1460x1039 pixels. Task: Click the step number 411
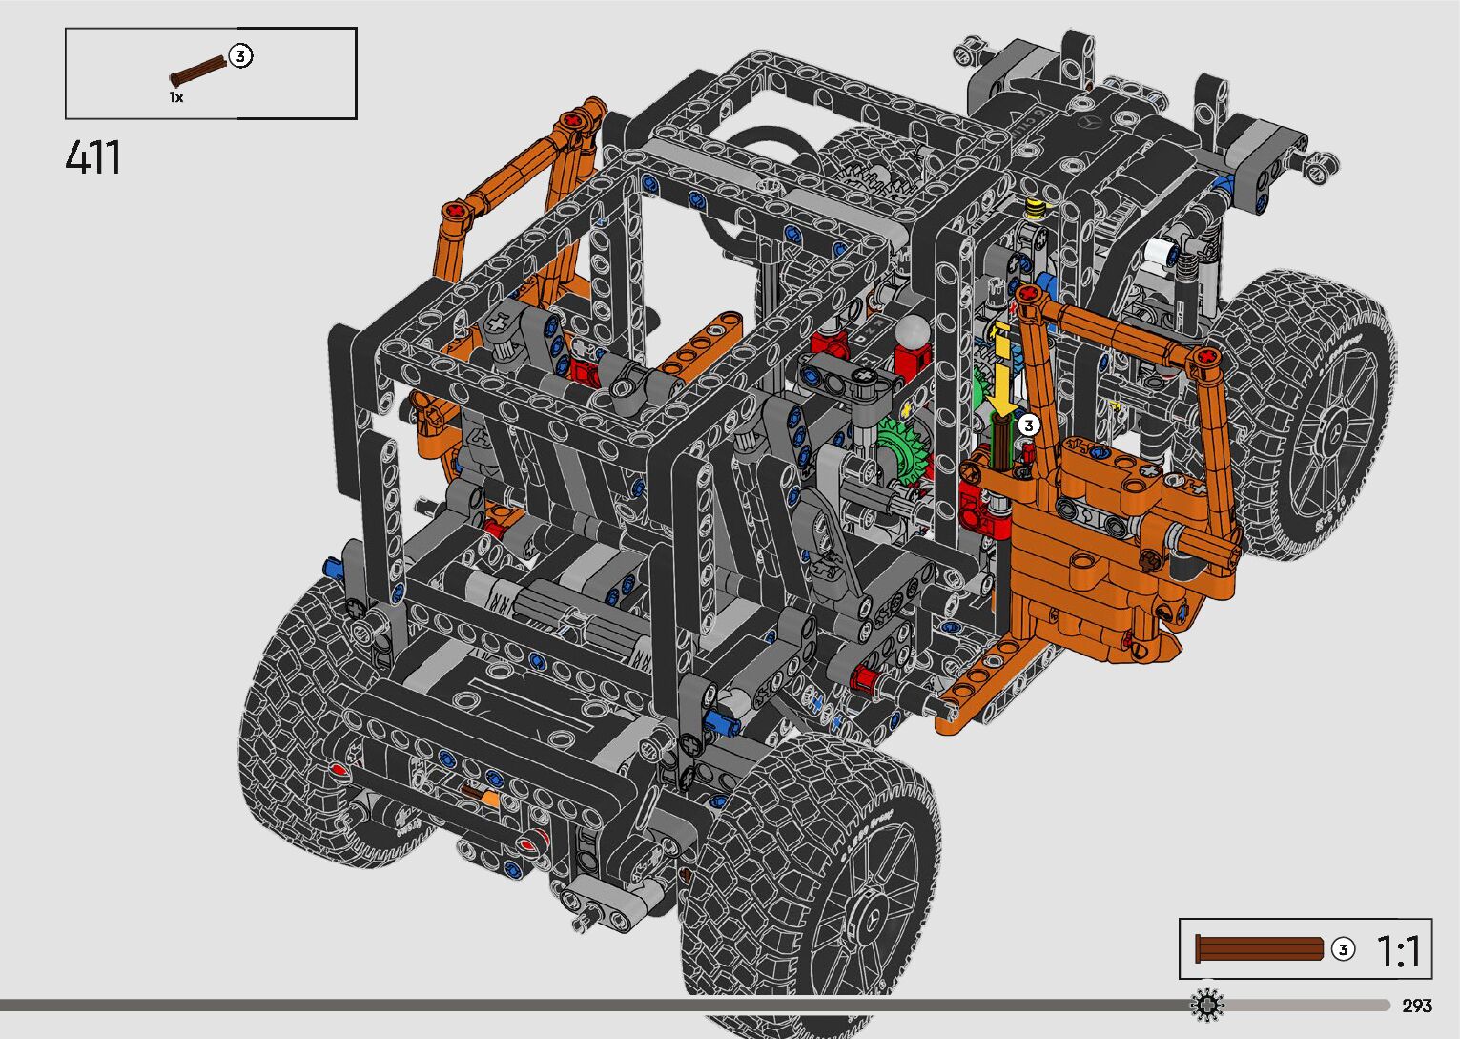[x=93, y=157]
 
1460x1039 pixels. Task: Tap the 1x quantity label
[x=176, y=98]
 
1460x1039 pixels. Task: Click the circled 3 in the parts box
[x=240, y=56]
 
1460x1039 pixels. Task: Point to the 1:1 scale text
[x=1398, y=951]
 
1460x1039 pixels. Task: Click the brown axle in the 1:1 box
[x=1259, y=949]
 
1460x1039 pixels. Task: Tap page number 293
[x=1417, y=1007]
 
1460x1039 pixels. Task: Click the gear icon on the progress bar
[x=1207, y=1005]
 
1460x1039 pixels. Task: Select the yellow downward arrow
[x=1001, y=372]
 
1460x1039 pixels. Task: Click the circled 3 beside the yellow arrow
[x=1029, y=426]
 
